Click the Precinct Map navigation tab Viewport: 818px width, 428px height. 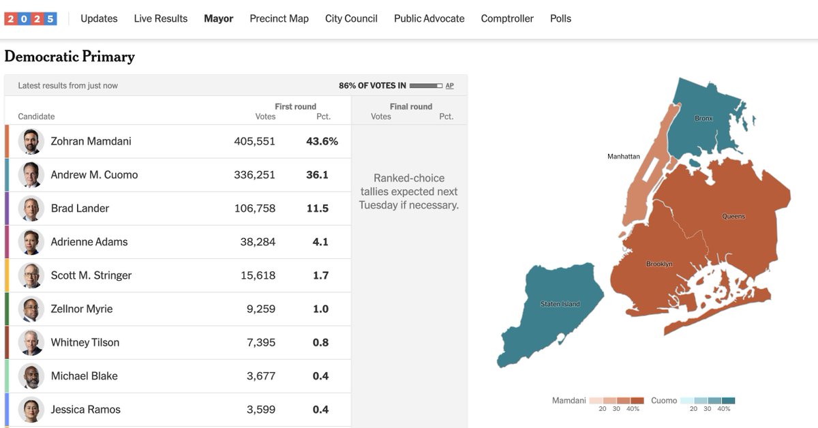279,18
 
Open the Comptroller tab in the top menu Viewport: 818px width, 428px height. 507,18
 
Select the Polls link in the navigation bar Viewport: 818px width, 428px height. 560,18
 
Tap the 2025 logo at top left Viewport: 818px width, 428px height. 31,18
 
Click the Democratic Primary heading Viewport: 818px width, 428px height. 70,57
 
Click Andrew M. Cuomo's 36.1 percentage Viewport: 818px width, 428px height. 317,174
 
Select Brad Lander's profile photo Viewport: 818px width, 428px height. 31,208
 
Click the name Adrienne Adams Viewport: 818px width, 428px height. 89,241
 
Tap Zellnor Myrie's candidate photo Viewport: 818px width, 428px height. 31,309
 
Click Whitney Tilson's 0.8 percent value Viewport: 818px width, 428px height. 320,342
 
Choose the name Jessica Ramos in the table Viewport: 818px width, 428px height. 85,410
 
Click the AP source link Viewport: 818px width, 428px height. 449,86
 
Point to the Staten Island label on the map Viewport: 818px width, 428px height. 560,304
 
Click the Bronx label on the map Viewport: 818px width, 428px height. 703,119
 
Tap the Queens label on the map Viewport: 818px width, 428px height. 733,217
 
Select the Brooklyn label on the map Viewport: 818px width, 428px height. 659,264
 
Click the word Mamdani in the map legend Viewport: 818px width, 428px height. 569,401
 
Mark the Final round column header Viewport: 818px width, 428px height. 410,106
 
